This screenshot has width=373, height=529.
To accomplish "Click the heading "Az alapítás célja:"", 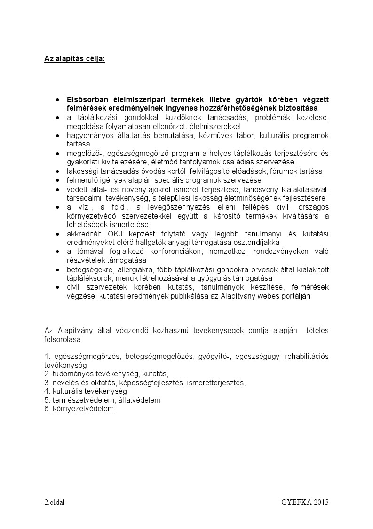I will pyautogui.click(x=75, y=59).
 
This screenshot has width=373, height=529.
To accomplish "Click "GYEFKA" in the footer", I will pyautogui.click(x=294, y=502).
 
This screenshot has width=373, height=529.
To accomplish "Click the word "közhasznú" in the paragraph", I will pyautogui.click(x=175, y=331).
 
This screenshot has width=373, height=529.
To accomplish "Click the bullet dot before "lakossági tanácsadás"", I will pyautogui.click(x=57, y=171).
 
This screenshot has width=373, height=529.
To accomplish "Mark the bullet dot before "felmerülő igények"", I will pyautogui.click(x=57, y=180).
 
